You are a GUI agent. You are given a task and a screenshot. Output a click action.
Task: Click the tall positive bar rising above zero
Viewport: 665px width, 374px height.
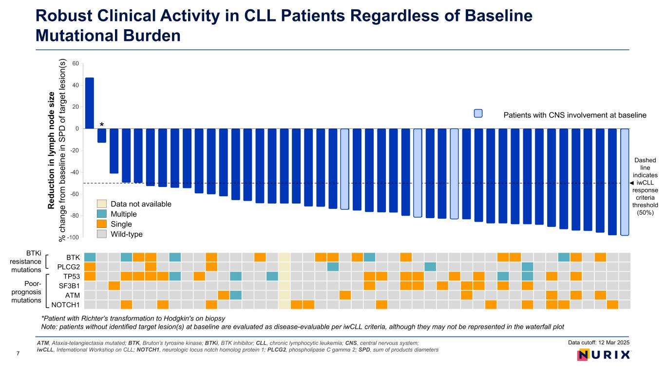click(89, 103)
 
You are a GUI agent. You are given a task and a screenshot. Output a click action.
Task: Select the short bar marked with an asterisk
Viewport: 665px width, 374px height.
click(102, 136)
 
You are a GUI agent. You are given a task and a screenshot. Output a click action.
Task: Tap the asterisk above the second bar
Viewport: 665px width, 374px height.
click(102, 125)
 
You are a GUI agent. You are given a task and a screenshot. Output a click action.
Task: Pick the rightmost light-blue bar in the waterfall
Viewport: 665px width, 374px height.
click(625, 182)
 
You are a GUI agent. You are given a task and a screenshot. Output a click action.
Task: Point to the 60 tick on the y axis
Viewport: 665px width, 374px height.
click(76, 63)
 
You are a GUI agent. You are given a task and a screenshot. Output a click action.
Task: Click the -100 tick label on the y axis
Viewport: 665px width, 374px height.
click(73, 238)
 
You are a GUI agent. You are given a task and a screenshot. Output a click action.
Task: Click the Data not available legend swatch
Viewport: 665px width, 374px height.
click(101, 204)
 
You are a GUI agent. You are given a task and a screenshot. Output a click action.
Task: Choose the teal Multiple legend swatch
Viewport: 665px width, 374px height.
click(101, 214)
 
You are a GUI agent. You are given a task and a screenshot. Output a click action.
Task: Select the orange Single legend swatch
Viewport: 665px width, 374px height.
click(101, 224)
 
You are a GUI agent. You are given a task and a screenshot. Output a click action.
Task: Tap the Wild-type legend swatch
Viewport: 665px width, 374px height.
click(101, 234)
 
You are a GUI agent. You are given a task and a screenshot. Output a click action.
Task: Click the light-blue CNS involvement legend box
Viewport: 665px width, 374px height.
click(478, 113)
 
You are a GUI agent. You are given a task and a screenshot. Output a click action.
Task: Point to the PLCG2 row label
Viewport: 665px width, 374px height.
click(69, 267)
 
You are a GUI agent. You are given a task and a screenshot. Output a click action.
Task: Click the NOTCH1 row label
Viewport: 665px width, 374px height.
click(66, 305)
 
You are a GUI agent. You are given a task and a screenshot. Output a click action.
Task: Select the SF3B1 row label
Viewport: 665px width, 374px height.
click(70, 286)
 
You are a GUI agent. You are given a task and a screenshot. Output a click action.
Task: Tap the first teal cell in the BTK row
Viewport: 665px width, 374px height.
click(90, 257)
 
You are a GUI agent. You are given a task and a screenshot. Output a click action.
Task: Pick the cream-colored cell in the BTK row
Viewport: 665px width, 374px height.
click(284, 257)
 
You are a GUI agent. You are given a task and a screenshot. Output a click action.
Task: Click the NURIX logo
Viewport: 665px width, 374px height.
click(604, 355)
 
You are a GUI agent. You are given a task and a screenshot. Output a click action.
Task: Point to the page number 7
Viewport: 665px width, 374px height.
click(18, 354)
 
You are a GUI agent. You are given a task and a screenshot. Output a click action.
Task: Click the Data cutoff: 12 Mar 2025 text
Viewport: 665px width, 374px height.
click(598, 342)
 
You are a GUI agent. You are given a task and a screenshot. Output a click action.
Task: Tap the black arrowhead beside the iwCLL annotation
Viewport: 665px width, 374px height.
click(631, 183)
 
